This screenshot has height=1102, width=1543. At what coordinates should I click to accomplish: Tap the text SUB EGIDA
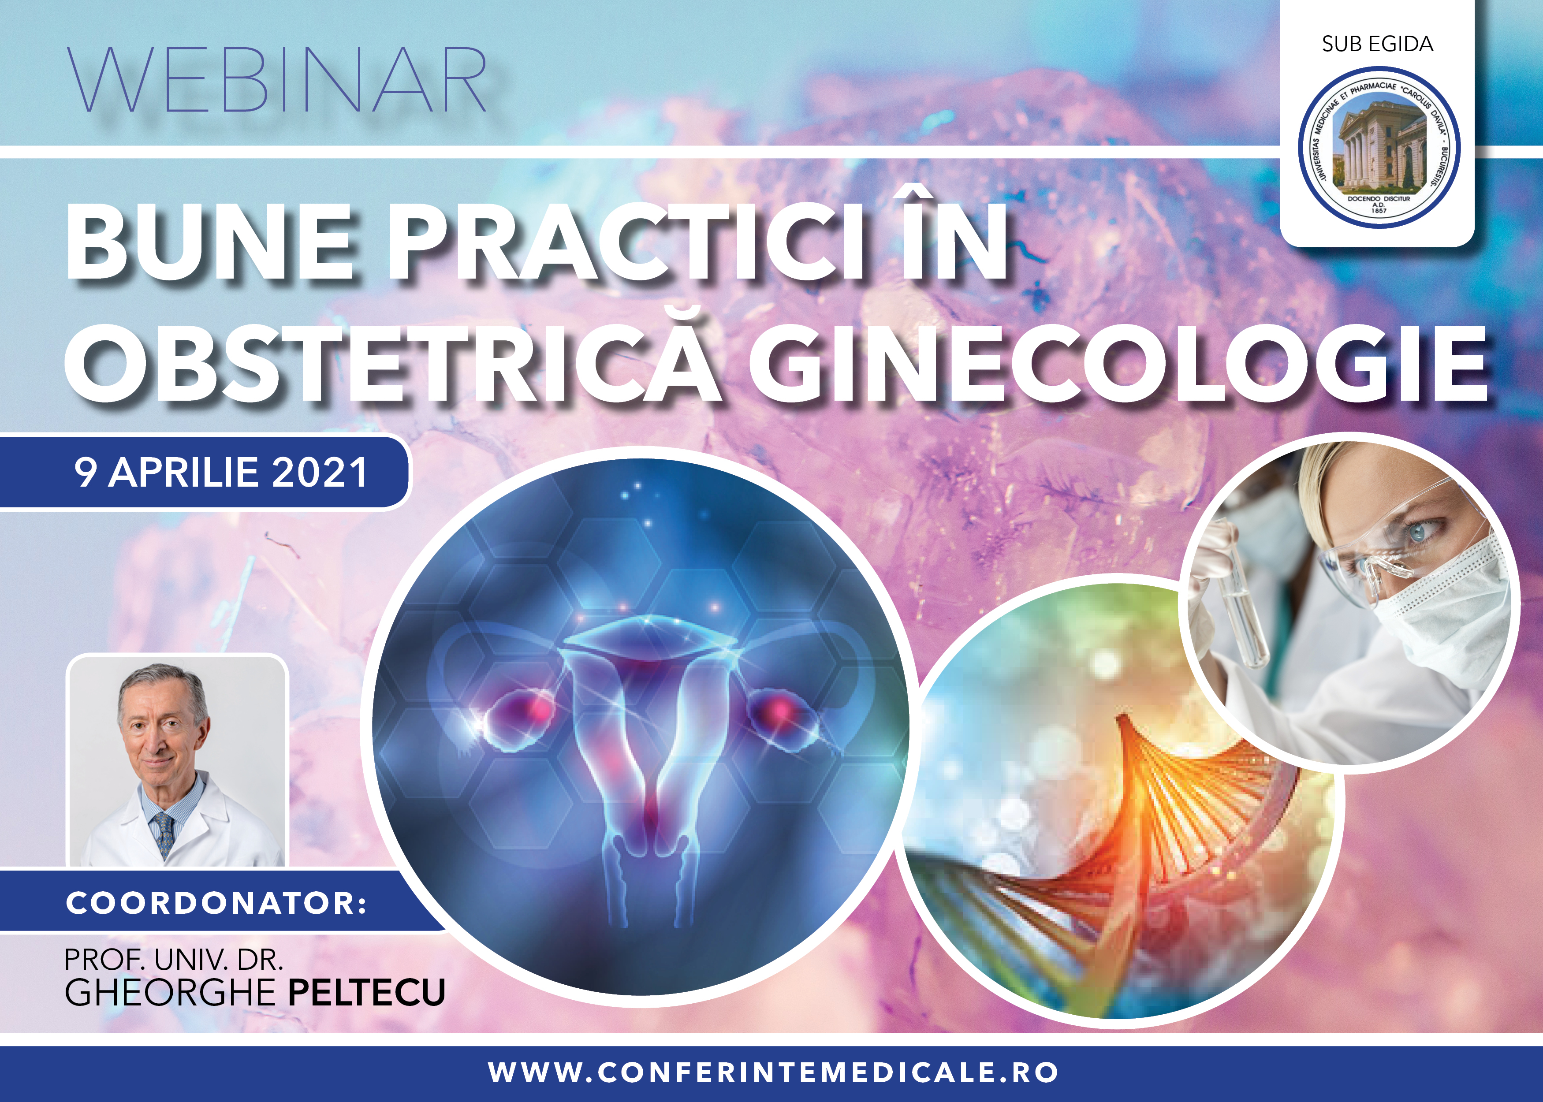1377,44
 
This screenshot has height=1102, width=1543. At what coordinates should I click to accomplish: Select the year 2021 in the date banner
320,472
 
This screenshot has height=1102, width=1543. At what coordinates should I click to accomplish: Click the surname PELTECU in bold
367,992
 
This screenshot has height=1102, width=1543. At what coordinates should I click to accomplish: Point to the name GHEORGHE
170,992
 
